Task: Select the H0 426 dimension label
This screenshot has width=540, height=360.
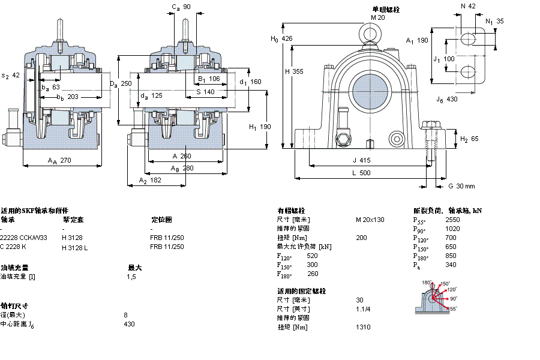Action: point(282,39)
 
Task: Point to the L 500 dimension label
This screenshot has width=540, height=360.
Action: point(361,173)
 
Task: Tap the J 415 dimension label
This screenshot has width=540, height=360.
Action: point(362,160)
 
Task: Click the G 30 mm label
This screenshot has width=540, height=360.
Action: point(461,186)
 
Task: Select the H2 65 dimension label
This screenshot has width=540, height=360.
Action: point(469,139)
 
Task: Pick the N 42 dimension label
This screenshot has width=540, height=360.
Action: point(467,6)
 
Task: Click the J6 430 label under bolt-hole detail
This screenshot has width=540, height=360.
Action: point(446,99)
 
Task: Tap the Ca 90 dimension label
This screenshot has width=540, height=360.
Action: point(181,7)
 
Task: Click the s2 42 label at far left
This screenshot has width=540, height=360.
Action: point(11,76)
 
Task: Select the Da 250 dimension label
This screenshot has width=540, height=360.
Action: point(120,83)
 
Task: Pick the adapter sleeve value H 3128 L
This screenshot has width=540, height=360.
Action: point(75,247)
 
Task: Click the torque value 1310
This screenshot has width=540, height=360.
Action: point(363,327)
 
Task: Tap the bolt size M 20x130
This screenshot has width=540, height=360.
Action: point(370,220)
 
